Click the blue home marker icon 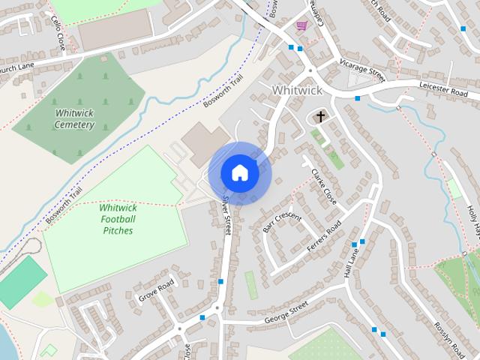click(239, 172)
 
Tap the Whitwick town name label click(297, 90)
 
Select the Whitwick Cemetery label click(75, 118)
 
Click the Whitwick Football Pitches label click(118, 219)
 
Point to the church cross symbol click(321, 116)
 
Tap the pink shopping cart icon click(301, 25)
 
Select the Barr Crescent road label click(282, 223)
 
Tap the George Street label click(286, 314)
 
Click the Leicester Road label click(443, 87)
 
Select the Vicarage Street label click(361, 70)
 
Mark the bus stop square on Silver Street click(220, 282)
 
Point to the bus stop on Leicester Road click(358, 98)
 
